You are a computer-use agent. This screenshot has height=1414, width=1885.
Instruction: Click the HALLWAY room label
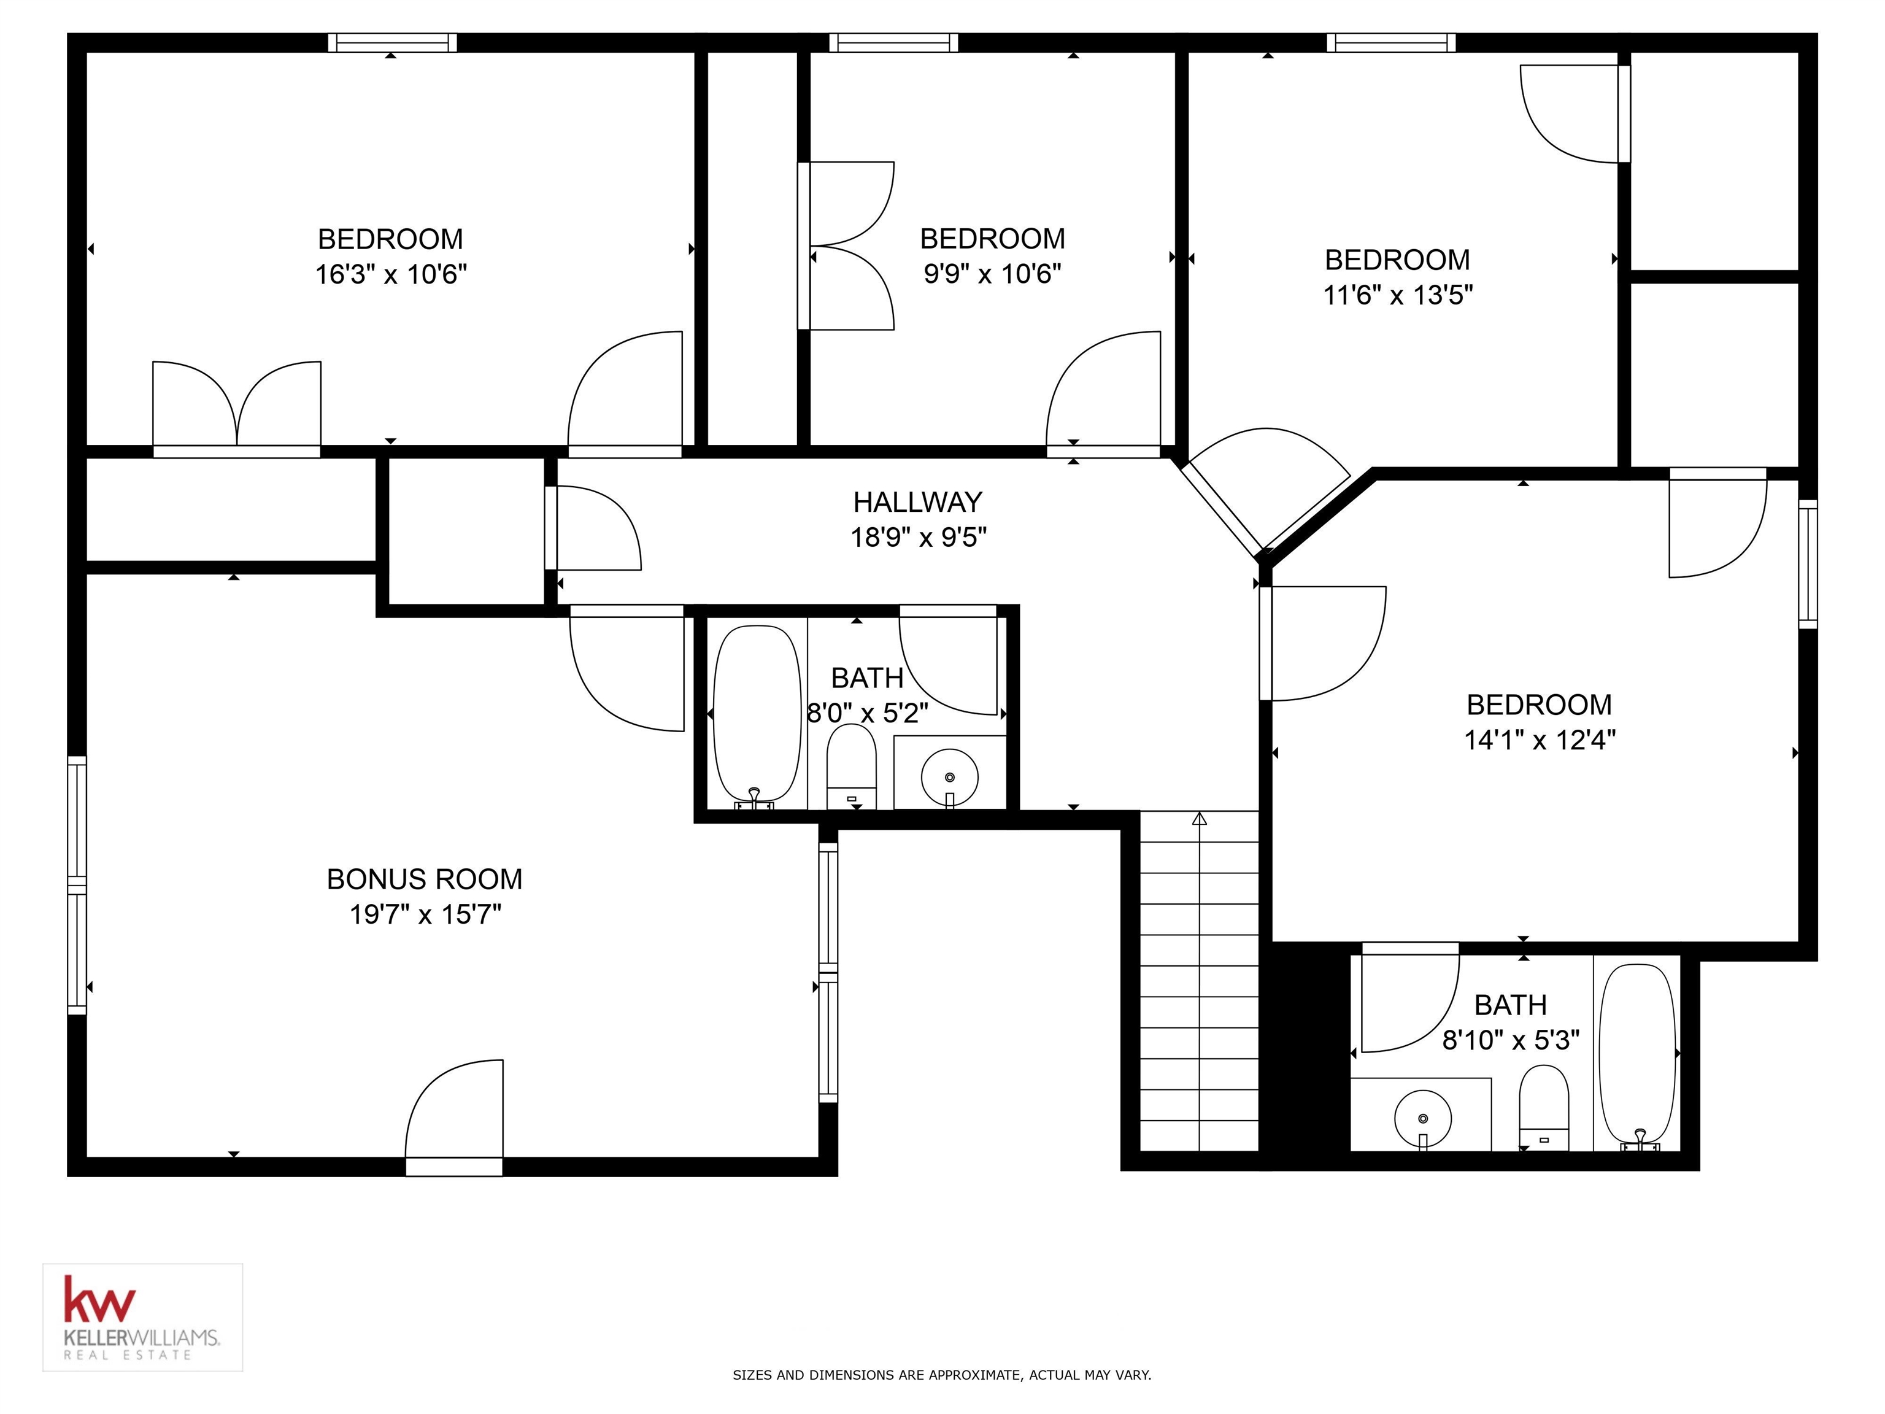(918, 502)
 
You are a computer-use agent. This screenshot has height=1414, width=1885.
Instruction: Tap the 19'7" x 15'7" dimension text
(425, 914)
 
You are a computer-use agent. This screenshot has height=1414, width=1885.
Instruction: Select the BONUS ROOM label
(425, 879)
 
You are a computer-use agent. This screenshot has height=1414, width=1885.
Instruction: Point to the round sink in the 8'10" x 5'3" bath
(1422, 1118)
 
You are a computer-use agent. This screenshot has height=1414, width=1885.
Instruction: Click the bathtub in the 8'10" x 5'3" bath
(1638, 1055)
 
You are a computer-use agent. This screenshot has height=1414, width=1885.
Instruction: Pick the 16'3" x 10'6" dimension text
(391, 274)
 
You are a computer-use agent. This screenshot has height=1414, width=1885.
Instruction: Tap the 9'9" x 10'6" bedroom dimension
(992, 274)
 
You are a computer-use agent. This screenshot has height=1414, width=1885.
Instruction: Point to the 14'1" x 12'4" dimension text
(1539, 740)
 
